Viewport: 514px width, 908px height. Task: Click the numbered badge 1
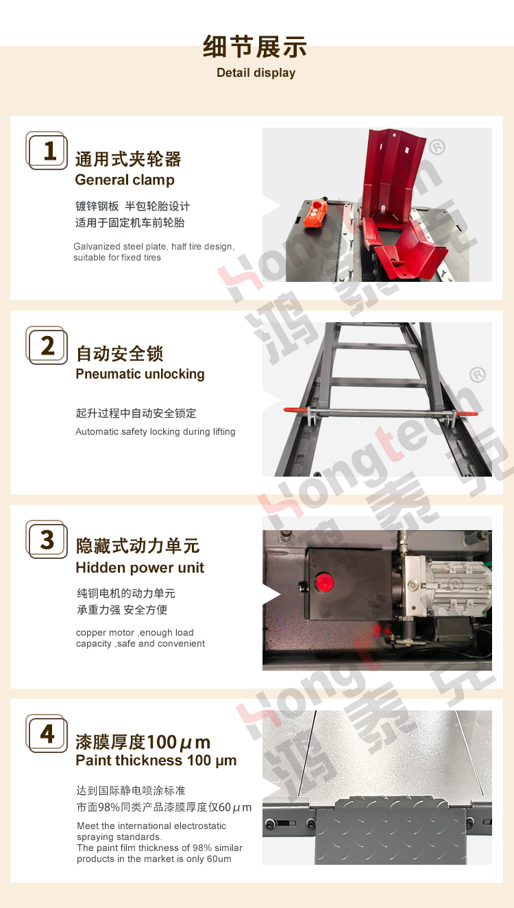[x=47, y=150]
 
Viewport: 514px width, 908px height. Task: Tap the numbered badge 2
[x=47, y=346]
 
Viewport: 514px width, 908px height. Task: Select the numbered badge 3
[x=47, y=540]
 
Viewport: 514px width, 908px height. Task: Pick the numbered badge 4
[x=47, y=734]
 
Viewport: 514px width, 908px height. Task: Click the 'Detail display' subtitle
[x=256, y=73]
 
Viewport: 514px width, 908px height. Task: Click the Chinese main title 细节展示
[x=255, y=47]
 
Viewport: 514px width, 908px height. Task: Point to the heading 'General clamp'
[x=125, y=180]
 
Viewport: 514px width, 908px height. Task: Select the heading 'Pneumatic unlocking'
[x=140, y=374]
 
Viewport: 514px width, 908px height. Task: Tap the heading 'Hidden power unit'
[x=140, y=568]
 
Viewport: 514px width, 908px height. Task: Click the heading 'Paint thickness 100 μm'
[x=156, y=761]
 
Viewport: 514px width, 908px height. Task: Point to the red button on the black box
[x=324, y=582]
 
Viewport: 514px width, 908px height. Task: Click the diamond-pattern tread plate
[x=391, y=831]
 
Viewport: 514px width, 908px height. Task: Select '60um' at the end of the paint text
[x=219, y=859]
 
